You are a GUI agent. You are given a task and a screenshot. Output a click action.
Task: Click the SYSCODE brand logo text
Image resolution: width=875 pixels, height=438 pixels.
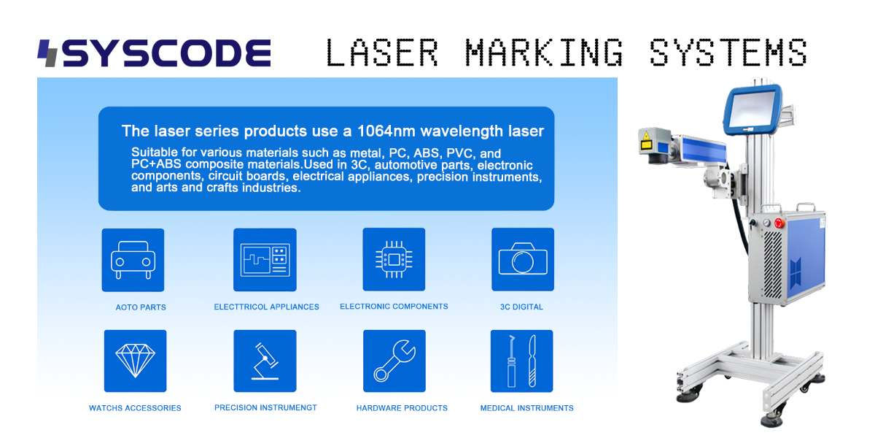pos(166,53)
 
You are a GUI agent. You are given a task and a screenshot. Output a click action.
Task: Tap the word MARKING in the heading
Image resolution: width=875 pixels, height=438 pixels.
pos(544,53)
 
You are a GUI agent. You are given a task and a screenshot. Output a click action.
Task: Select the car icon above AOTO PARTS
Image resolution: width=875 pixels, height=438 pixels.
pos(133,260)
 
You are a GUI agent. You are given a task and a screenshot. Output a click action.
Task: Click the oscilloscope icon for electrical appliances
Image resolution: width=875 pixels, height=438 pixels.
pos(265,260)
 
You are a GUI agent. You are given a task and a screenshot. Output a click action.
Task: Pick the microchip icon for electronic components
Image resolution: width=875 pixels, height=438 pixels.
pos(394,259)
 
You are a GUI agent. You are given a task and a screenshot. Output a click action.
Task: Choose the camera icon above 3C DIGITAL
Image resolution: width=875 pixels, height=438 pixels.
pos(523,259)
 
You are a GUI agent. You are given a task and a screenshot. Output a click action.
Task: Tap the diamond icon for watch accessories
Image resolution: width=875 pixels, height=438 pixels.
pos(135,361)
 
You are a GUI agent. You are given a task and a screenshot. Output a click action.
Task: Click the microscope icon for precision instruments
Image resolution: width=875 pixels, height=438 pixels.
pos(265,361)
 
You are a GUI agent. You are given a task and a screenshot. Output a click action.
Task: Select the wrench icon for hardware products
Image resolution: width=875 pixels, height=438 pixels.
pos(394,361)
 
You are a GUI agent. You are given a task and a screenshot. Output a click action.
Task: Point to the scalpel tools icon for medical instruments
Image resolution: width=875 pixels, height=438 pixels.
pos(522,361)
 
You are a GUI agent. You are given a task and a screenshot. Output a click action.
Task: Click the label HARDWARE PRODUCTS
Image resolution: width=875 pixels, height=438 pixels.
pos(402,408)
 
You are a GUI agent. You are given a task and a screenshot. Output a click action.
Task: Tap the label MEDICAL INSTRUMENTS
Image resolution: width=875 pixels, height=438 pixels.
pos(527,408)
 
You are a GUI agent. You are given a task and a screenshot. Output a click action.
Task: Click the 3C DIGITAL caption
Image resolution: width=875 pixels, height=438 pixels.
pos(521,307)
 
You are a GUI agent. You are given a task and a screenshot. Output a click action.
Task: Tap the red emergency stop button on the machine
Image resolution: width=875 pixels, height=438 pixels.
pos(779,223)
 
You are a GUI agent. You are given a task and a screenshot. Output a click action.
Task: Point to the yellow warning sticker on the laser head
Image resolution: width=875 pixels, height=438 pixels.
pos(646,142)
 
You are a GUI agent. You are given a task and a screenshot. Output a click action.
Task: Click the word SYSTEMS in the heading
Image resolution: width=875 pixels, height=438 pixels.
pos(728,53)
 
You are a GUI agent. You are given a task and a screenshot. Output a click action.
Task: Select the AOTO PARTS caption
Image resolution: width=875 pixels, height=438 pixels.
pos(141,307)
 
